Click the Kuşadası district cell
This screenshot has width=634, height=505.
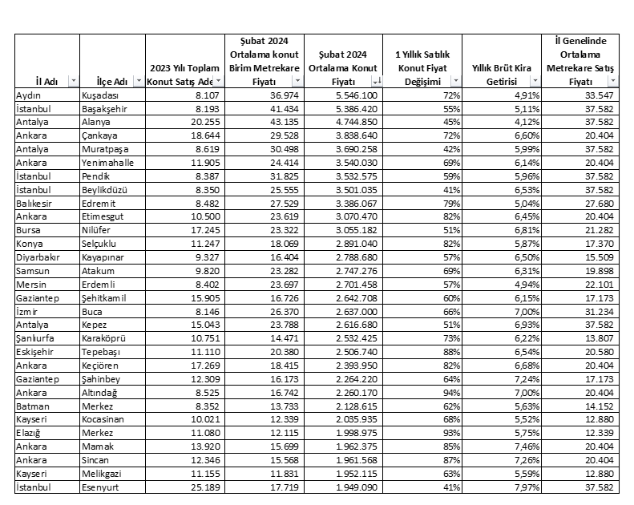click(x=101, y=95)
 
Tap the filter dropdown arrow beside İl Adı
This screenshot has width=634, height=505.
click(x=73, y=81)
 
